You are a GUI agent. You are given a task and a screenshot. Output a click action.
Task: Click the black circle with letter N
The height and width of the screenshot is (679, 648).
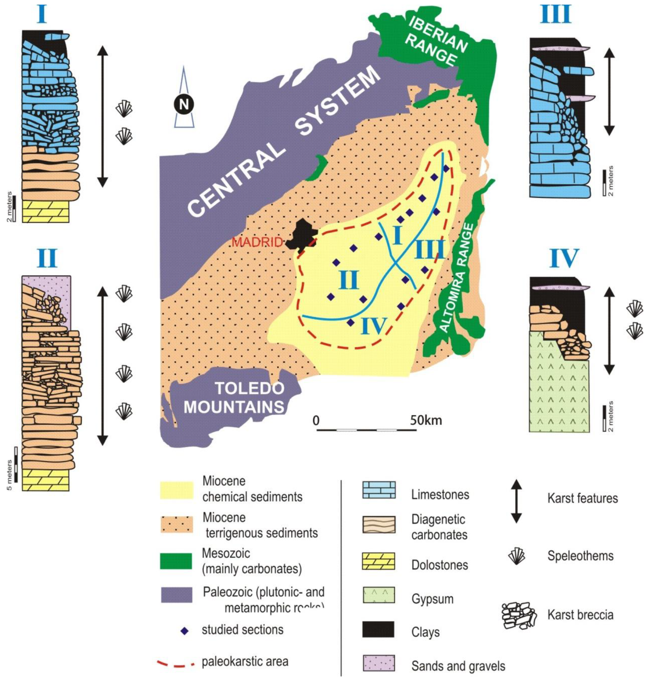coord(184,104)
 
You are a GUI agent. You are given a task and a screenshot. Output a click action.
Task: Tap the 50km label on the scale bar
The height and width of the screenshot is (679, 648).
coord(426,420)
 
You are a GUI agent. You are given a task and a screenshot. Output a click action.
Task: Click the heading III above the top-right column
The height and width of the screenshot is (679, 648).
coord(555,15)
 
